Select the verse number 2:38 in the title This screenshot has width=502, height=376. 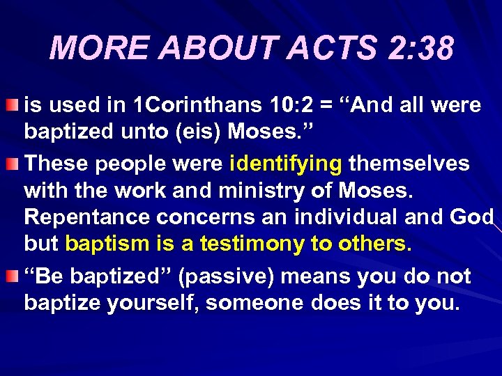(418, 49)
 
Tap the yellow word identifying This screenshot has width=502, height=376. (286, 164)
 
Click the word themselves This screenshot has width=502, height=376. (409, 164)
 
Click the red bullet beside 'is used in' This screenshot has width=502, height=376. (13, 106)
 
